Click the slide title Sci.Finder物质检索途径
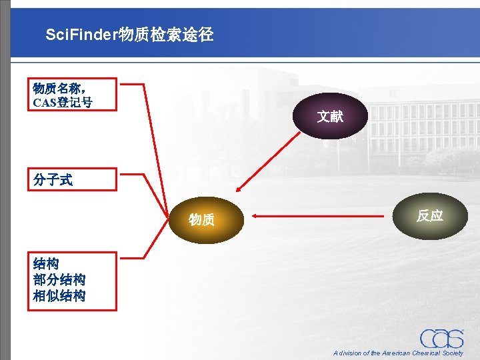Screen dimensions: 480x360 129,35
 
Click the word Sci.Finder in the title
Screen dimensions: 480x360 81,35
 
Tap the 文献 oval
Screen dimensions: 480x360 330,117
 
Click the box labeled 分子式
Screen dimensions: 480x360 72,179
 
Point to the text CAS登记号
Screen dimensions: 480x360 63,102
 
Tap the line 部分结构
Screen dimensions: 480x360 59,280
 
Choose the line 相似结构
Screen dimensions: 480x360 59,296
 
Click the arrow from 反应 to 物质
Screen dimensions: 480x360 313,216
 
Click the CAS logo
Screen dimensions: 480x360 441,338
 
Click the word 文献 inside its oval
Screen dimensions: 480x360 330,117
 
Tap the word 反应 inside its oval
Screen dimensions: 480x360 429,215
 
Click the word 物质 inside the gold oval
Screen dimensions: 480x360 201,219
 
